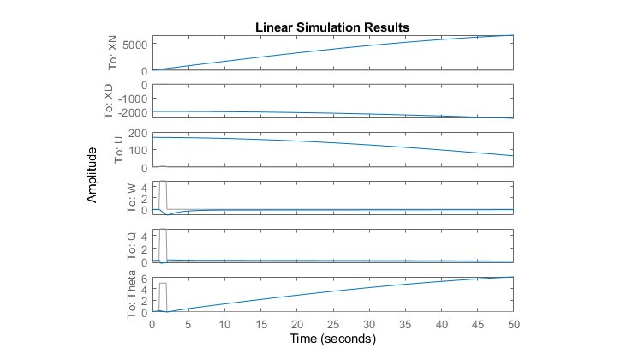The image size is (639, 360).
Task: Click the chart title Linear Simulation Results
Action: pyautogui.click(x=332, y=27)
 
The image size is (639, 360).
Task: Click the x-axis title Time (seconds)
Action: pyautogui.click(x=332, y=339)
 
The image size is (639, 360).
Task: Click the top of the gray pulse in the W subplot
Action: pyautogui.click(x=163, y=182)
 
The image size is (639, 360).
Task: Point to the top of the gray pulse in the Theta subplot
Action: pyautogui.click(x=163, y=283)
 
